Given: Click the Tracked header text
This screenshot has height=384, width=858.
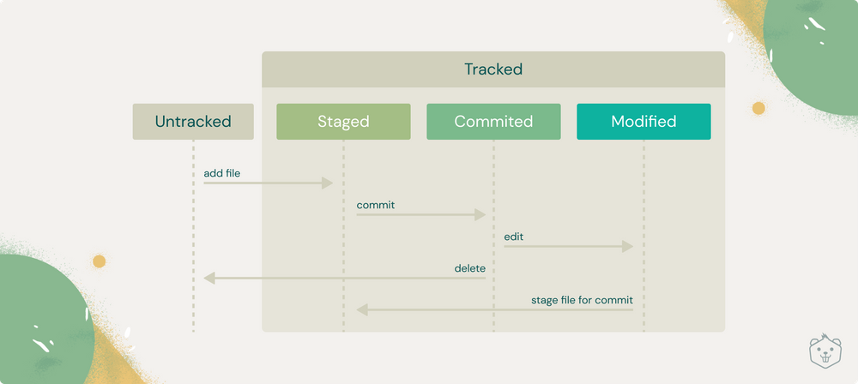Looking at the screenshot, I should click(x=493, y=69).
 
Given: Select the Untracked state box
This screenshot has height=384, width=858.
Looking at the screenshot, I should click(x=193, y=122).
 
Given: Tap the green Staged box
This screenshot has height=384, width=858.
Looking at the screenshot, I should click(x=343, y=122).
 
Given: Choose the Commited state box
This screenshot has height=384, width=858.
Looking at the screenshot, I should click(x=493, y=122).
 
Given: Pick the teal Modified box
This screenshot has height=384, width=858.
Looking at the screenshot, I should click(x=643, y=122).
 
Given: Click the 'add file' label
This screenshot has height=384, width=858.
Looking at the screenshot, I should click(x=221, y=173).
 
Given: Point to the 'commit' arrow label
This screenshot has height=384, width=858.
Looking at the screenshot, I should click(x=375, y=205).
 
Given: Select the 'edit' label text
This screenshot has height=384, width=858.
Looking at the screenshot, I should click(x=514, y=237).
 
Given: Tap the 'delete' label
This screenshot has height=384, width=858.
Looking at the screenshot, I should click(x=469, y=268).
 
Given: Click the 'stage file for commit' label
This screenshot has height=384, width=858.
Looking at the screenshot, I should click(x=582, y=300).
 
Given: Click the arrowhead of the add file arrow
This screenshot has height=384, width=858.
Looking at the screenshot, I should click(x=327, y=183).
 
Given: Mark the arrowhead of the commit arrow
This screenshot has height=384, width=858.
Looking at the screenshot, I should click(x=480, y=215).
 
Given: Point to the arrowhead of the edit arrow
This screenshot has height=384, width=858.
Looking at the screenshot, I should click(x=627, y=247).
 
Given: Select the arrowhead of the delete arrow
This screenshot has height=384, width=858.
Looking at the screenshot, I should click(x=209, y=278).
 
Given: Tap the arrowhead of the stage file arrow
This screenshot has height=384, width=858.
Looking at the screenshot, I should click(x=362, y=309).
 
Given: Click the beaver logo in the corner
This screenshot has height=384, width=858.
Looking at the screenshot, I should click(x=825, y=351).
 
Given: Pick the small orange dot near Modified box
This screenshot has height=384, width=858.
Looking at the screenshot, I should click(x=758, y=109).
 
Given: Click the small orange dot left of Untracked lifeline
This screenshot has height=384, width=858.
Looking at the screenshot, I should click(x=99, y=261).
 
